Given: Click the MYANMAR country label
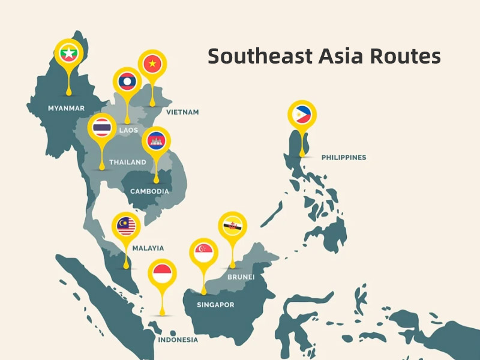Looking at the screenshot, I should coord(66,109).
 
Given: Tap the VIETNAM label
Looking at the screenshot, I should coord(182,112).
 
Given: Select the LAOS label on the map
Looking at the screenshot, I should coord(128,130).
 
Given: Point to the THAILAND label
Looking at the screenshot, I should coord(127,162).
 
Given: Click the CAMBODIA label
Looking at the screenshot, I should coord(149,191).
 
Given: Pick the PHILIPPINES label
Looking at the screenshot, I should coord(343,158).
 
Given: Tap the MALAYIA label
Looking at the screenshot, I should coord(148,248).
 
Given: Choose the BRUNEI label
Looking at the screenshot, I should coord(241,277).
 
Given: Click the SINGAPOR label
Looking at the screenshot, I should coord(215,305).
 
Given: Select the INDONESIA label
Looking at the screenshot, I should coord(178,340).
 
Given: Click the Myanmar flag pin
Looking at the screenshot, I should coord(68,53).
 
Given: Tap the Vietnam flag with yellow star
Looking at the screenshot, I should coord(152,63).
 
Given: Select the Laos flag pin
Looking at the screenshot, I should coord(127,81).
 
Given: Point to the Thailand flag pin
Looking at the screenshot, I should coord(101,127).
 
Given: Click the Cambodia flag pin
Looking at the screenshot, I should coord(156,142).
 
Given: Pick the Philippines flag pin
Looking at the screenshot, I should coord(302,114).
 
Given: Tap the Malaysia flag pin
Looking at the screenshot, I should coord(126,226).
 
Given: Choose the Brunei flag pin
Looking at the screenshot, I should coord(232,226).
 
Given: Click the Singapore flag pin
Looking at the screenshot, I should coord(203,253).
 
